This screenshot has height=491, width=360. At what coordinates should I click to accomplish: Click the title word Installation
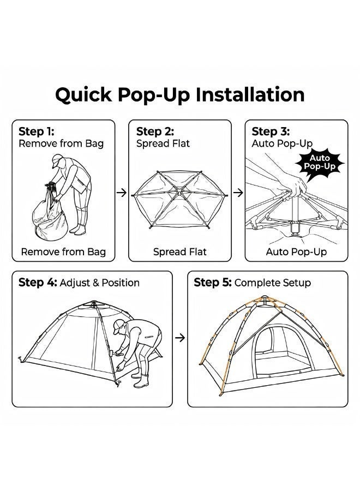250,94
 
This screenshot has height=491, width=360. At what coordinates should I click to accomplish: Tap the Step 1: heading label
37,131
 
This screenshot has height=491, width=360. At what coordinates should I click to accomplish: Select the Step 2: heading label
155,131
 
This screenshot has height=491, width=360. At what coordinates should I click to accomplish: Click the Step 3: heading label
271,131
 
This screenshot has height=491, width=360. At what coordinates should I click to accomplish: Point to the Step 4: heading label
38,283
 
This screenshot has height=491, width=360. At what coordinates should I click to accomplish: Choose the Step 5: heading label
213,283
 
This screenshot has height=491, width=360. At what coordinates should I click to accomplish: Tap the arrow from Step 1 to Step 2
122,193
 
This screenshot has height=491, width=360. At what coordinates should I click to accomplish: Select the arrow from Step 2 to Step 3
238,193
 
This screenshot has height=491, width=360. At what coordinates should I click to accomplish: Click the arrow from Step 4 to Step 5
180,338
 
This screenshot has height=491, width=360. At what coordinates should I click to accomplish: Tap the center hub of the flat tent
179,194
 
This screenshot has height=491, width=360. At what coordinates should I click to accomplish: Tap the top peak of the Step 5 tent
265,297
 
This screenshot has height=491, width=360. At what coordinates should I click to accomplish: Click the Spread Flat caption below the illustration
179,252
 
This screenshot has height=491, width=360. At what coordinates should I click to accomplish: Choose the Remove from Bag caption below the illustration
63,252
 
